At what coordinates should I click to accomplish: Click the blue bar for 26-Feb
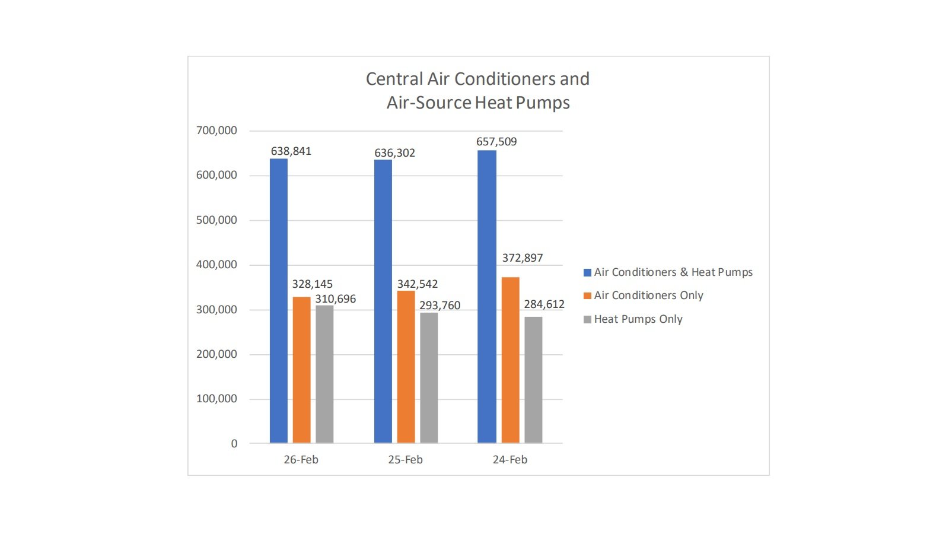click(278, 300)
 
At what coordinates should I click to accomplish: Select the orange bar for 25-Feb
click(406, 367)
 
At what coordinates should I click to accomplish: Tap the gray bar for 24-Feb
click(533, 380)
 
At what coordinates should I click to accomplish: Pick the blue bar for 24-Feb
click(486, 297)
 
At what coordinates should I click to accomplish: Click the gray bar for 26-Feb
click(324, 374)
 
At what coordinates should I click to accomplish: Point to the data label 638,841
click(291, 151)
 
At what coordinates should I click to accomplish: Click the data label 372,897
click(522, 258)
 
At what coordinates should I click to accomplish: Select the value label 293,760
click(440, 306)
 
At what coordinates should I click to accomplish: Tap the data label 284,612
click(544, 304)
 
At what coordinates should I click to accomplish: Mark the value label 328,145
click(312, 284)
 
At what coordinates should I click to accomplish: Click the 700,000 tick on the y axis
click(216, 131)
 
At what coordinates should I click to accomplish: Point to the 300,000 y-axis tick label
click(216, 310)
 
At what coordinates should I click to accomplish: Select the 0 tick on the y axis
click(234, 444)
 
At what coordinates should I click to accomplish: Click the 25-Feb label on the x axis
click(405, 460)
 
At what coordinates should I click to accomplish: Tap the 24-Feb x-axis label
click(509, 460)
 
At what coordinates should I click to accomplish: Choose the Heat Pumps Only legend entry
click(638, 319)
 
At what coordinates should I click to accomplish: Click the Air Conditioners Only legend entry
click(648, 295)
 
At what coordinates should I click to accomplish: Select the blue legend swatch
click(587, 272)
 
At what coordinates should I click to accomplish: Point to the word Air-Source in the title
click(429, 103)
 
